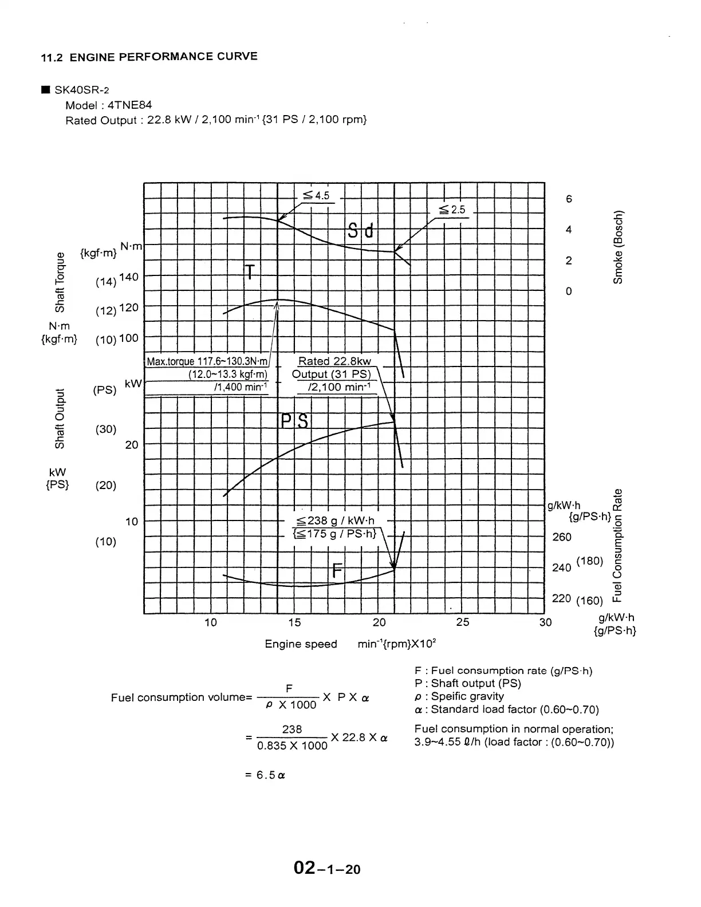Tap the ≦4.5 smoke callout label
(x=316, y=196)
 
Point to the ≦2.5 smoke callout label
(x=452, y=210)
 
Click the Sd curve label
(x=361, y=231)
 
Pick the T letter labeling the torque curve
(x=249, y=273)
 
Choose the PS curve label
(x=295, y=422)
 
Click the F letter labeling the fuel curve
(x=337, y=571)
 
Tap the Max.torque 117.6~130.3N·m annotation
(x=207, y=361)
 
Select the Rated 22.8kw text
(x=334, y=361)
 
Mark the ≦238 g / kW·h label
(x=335, y=520)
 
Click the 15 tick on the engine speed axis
(x=294, y=622)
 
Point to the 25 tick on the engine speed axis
(x=463, y=622)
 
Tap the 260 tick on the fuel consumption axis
(x=561, y=537)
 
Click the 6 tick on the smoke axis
(x=569, y=199)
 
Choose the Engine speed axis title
(x=301, y=644)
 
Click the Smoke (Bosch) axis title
(x=618, y=247)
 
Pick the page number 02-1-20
(x=327, y=869)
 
